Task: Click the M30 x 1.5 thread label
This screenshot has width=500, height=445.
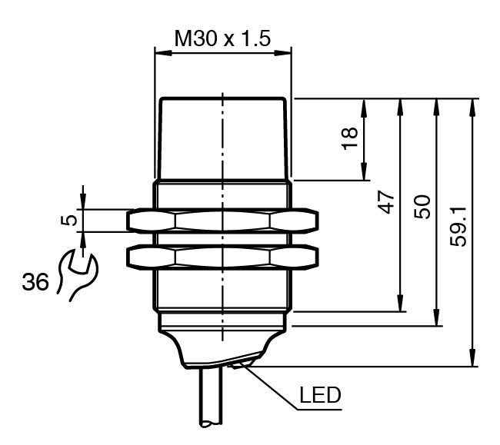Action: (x=222, y=38)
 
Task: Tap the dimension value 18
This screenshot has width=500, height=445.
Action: (x=350, y=139)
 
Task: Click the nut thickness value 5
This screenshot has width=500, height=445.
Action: (x=69, y=221)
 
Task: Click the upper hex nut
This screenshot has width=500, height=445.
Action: (x=222, y=221)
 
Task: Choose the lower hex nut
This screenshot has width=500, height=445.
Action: (x=222, y=257)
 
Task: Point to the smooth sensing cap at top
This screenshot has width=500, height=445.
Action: (x=222, y=138)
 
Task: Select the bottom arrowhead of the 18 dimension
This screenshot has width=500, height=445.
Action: (x=363, y=175)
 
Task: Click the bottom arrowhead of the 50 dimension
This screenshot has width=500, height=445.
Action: (x=436, y=320)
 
